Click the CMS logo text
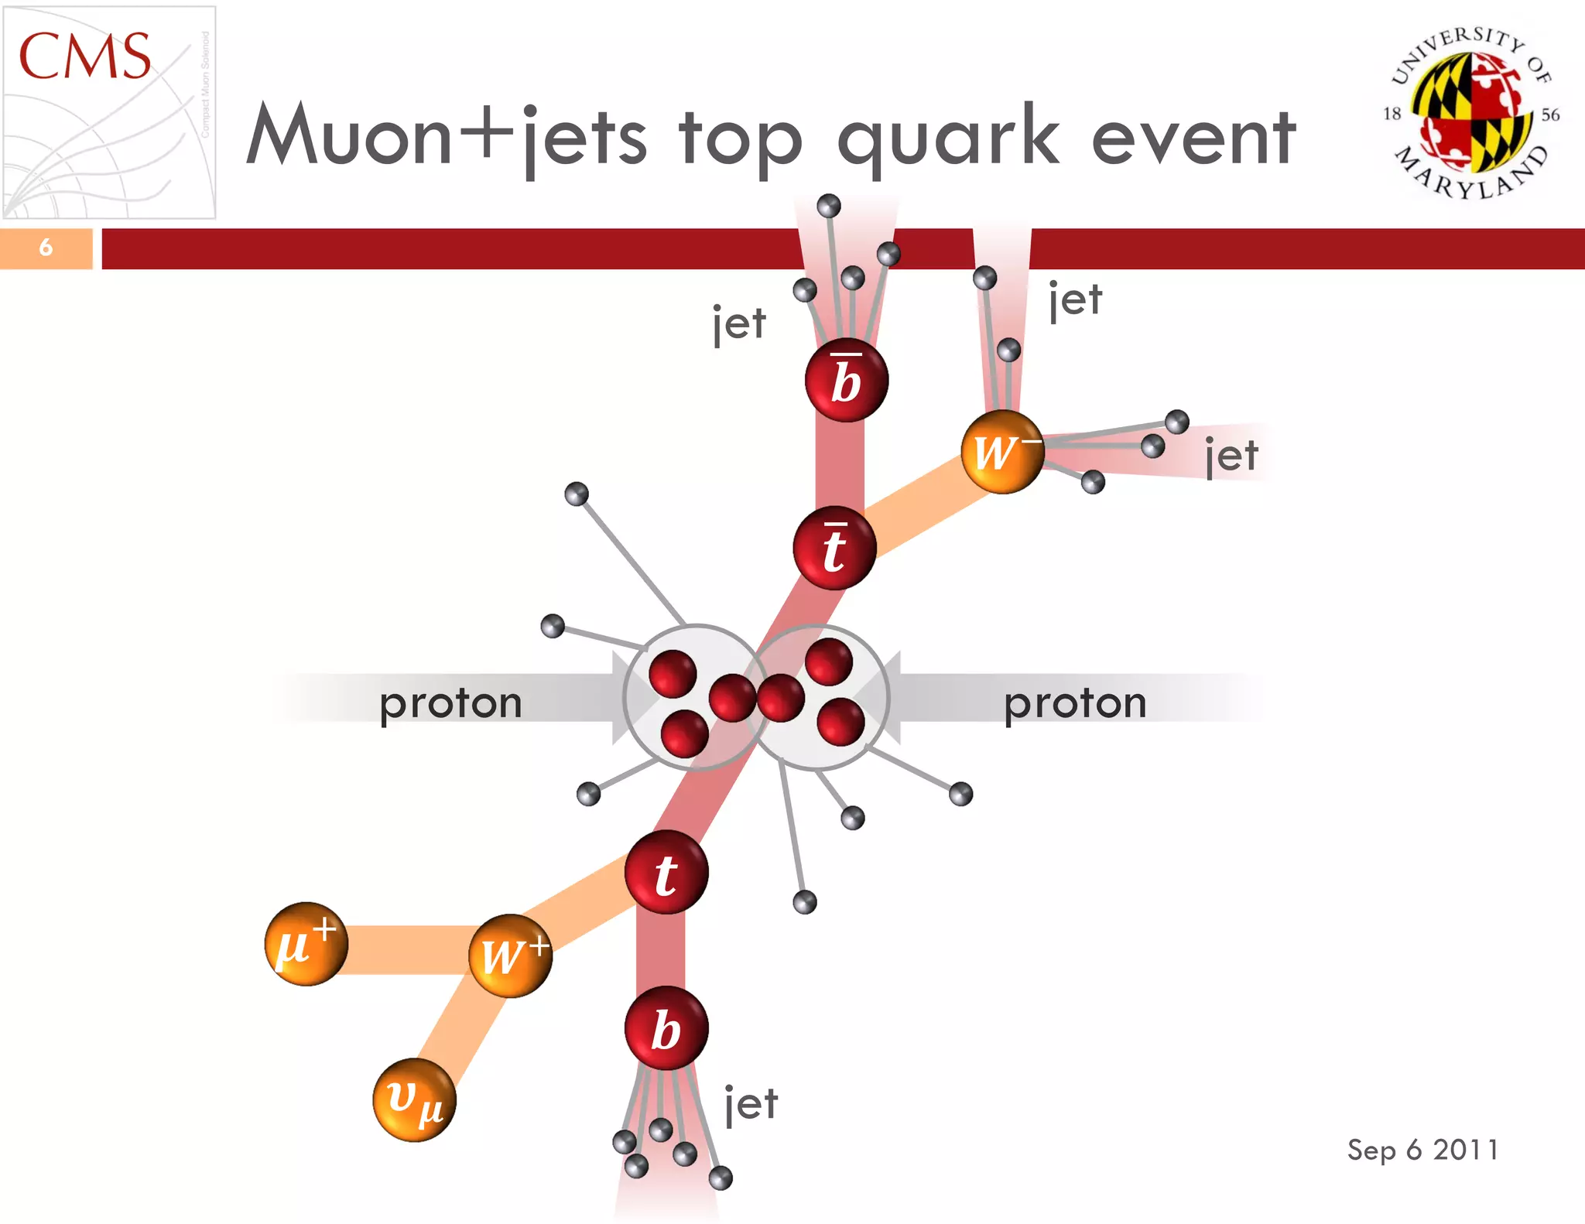pyautogui.click(x=84, y=56)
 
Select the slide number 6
pyautogui.click(x=46, y=248)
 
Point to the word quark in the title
pyautogui.click(x=948, y=137)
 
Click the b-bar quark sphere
pyautogui.click(x=846, y=381)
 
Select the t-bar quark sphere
pyautogui.click(x=834, y=549)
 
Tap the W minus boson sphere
pyautogui.click(x=1002, y=452)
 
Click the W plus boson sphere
pyautogui.click(x=511, y=956)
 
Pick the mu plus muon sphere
pyautogui.click(x=306, y=944)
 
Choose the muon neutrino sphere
pyautogui.click(x=414, y=1099)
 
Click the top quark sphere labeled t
pyautogui.click(x=666, y=873)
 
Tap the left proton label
pyautogui.click(x=450, y=703)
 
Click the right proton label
pyautogui.click(x=1075, y=703)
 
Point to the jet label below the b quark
pyautogui.click(x=751, y=1103)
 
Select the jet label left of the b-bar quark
pyautogui.click(x=739, y=323)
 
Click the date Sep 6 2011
pyautogui.click(x=1422, y=1150)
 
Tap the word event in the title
pyautogui.click(x=1193, y=137)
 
